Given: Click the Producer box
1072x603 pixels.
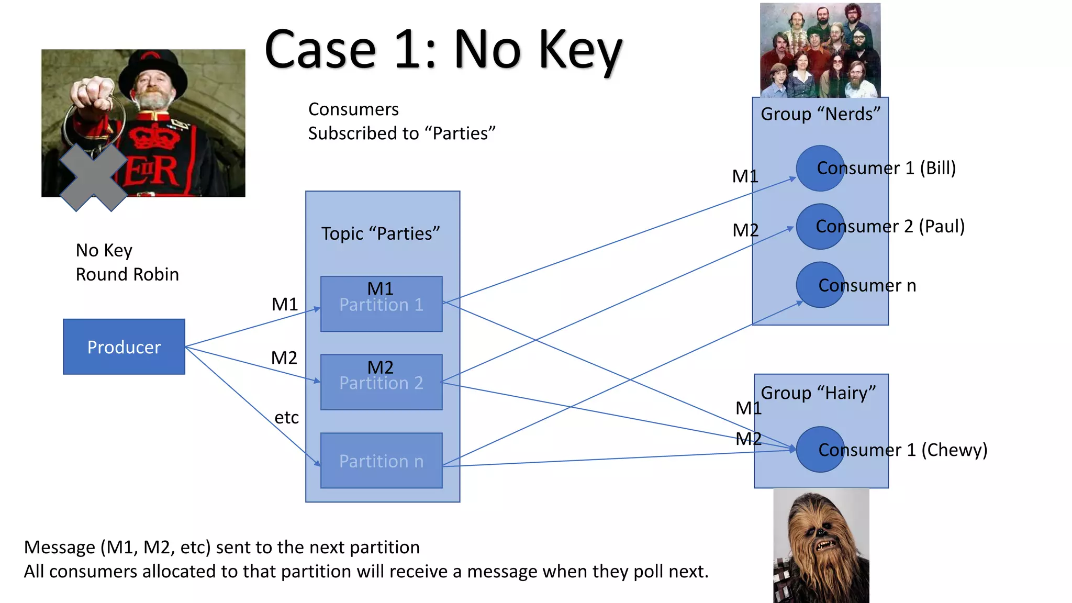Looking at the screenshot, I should (x=124, y=347).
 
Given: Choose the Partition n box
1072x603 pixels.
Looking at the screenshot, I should (x=381, y=461).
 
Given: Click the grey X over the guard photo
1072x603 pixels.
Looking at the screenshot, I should (x=93, y=177).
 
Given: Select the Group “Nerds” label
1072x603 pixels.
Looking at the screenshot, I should (x=820, y=114).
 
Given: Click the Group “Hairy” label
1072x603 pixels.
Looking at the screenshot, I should (x=818, y=393).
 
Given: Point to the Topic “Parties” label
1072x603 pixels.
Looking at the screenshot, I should (x=381, y=233).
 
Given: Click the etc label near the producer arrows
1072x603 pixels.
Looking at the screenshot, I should (x=286, y=418).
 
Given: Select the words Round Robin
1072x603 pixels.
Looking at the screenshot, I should (x=127, y=274).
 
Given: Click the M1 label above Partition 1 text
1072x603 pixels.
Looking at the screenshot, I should (x=381, y=288).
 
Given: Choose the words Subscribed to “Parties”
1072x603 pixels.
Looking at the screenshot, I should (x=401, y=133).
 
